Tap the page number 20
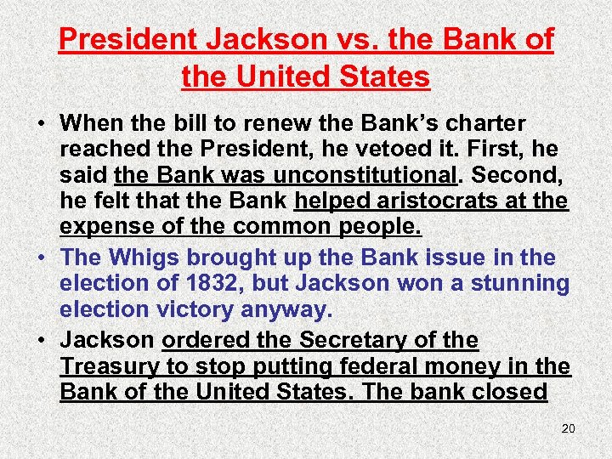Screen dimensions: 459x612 coord(568,428)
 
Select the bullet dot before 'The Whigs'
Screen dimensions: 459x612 coord(41,258)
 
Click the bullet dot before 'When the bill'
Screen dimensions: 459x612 coord(41,124)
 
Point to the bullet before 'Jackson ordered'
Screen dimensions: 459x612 coord(41,341)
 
